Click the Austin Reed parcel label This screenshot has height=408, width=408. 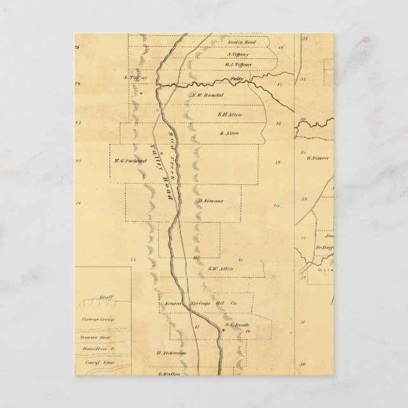pos(239,46)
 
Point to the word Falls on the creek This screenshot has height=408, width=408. pos(237,79)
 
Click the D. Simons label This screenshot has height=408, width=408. pos(209,201)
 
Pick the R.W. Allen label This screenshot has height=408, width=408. pos(220,269)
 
